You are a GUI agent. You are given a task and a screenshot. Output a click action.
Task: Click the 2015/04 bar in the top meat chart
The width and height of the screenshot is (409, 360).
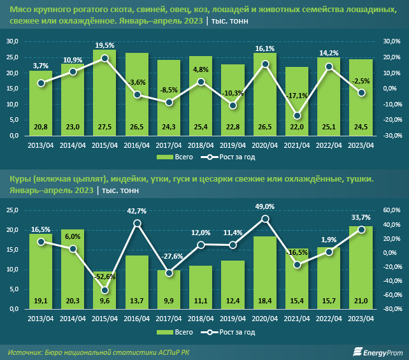[x=105, y=96]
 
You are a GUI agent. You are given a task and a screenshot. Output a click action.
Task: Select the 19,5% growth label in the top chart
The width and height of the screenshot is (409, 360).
[x=105, y=46]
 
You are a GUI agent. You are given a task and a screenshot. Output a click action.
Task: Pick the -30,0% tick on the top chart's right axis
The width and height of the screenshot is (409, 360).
[x=392, y=136]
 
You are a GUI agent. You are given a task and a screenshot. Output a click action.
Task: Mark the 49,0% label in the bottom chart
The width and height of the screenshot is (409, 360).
[x=265, y=206]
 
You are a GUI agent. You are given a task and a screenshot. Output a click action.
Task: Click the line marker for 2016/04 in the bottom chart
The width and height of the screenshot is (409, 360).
[x=137, y=223]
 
